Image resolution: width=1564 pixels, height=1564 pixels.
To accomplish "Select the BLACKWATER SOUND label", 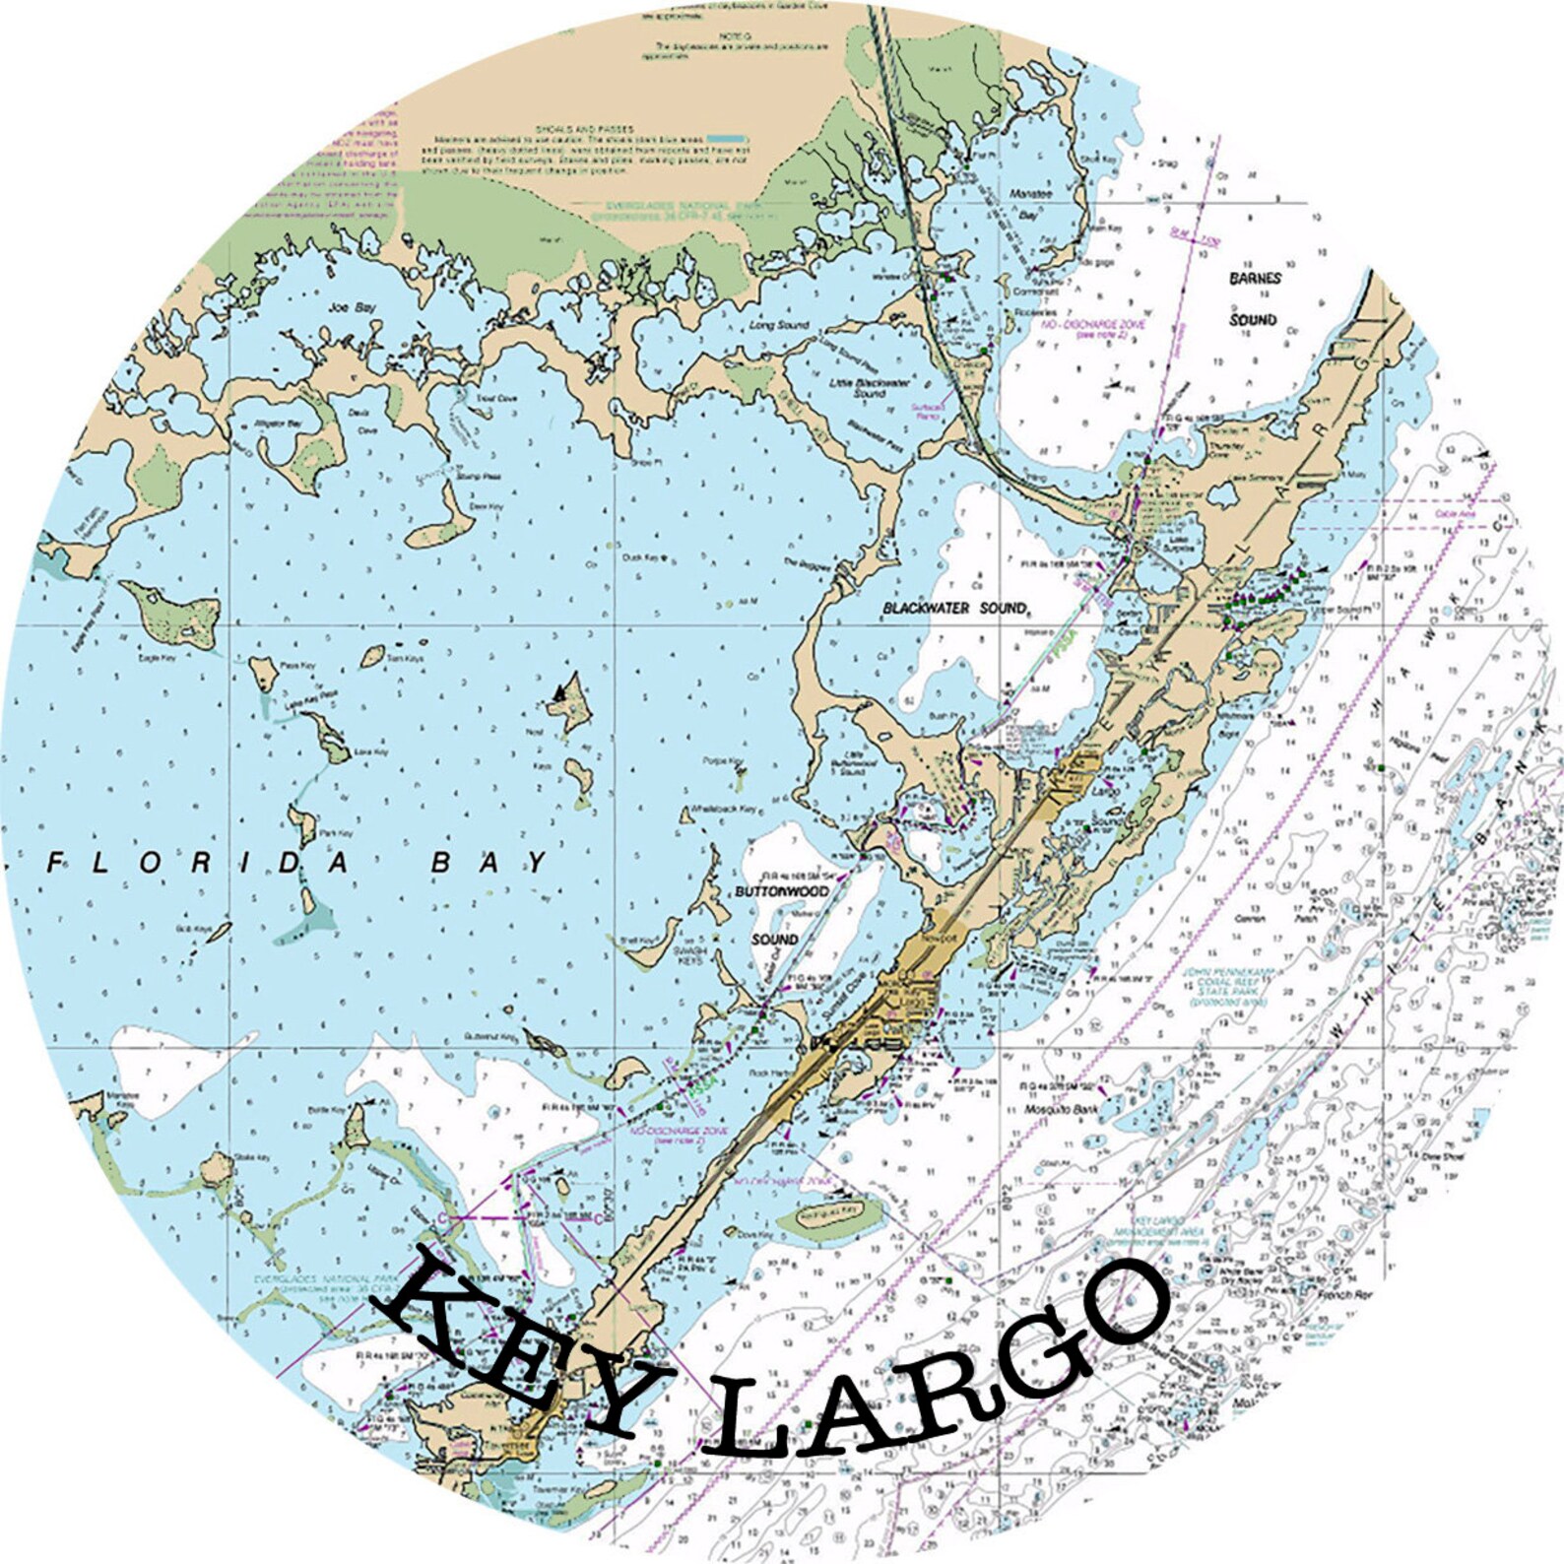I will [x=954, y=609].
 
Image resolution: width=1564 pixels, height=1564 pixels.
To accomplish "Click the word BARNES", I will [x=1255, y=279].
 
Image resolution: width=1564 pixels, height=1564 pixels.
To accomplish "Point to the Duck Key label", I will [x=640, y=557].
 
